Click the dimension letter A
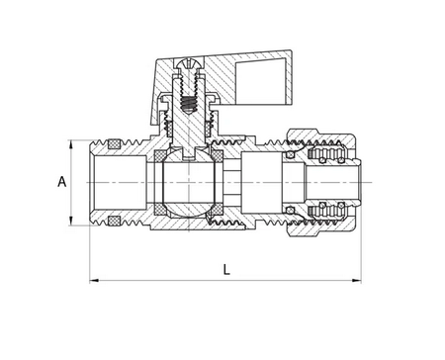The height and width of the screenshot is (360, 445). (62, 182)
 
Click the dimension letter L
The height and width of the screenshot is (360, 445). (226, 270)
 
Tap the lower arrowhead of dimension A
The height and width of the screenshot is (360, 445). (71, 222)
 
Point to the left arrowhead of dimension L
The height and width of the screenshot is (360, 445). (94, 281)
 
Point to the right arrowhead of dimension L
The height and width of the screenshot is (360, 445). (356, 281)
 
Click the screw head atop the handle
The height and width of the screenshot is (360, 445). (188, 63)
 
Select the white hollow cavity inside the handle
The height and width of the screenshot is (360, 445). (260, 82)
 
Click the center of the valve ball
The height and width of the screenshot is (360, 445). (188, 182)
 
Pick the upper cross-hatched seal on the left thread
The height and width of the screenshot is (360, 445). (114, 144)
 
